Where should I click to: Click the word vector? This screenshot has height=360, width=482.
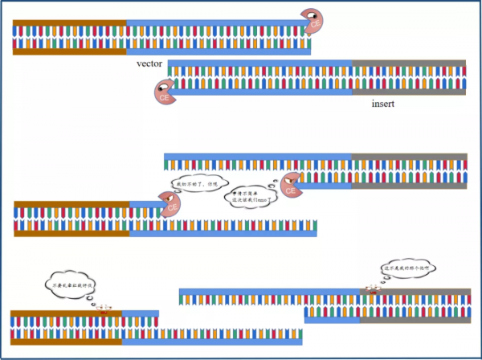pyautogui.click(x=153, y=62)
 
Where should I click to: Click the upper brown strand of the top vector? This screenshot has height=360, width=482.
pyautogui.click(x=69, y=22)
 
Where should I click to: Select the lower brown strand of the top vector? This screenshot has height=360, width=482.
pyautogui.click(x=69, y=51)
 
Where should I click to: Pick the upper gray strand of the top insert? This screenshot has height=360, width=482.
pyautogui.click(x=409, y=63)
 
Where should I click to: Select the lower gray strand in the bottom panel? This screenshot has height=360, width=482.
pyautogui.click(x=418, y=319)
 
